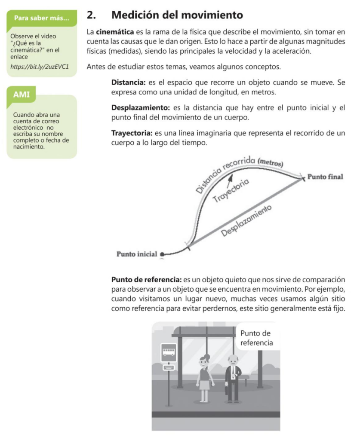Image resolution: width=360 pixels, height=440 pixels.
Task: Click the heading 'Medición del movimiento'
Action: tap(177, 15)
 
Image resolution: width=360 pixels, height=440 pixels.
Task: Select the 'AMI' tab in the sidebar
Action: tap(21, 95)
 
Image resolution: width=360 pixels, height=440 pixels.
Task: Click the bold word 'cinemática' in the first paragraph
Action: tap(112, 32)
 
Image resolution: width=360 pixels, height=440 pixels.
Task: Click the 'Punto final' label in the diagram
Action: tap(326, 177)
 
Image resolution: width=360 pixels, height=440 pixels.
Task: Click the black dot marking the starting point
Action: tap(162, 254)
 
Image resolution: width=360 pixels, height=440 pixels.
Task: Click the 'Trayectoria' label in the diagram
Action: tap(231, 190)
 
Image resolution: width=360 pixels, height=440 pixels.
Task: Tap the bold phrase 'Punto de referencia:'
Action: tap(146, 279)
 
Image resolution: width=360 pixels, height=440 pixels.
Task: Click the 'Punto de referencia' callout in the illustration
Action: tap(256, 338)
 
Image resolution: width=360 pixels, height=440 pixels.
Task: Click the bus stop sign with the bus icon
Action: tap(168, 353)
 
